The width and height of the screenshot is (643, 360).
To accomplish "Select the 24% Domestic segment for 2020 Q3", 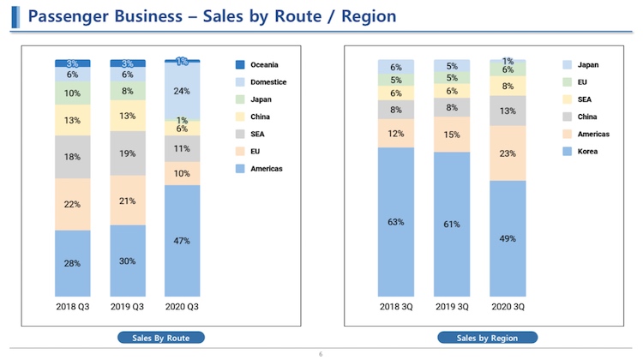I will [x=182, y=91].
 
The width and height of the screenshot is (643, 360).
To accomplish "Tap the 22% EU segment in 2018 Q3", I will [x=73, y=203].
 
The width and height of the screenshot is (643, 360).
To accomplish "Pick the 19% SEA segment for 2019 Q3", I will [x=128, y=153].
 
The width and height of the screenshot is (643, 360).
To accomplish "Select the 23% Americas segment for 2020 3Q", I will [x=508, y=153].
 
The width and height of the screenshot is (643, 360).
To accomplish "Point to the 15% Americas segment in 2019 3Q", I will [x=451, y=135].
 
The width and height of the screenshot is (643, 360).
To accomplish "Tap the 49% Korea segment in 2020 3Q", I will [x=508, y=237].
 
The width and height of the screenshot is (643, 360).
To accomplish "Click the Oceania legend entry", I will [x=264, y=64].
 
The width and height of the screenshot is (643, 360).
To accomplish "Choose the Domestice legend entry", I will [x=268, y=81].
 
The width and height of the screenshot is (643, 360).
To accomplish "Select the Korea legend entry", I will [x=588, y=152].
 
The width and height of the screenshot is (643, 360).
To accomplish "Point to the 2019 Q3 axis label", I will [x=128, y=305].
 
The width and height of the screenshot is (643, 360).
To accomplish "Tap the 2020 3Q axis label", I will [x=508, y=305].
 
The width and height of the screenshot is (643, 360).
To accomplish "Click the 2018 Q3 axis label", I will [x=73, y=305].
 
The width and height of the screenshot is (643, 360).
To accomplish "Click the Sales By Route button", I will [x=161, y=338].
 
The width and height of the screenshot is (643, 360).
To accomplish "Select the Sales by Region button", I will [x=487, y=338].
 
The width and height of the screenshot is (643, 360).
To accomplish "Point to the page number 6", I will [x=321, y=354].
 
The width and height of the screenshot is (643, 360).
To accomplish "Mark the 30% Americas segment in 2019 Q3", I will [x=128, y=261].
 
